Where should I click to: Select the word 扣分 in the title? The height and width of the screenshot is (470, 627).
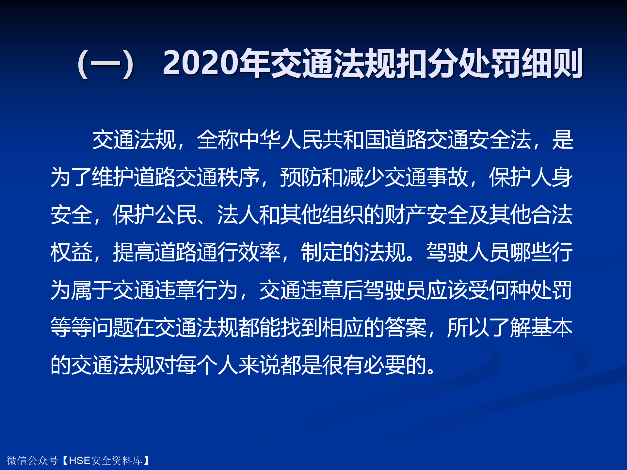coord(427,63)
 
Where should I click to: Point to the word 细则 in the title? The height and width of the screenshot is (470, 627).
coord(552,63)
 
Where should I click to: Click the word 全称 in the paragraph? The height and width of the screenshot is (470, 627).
coord(218,140)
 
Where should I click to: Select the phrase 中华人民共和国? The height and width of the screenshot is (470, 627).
coord(312,140)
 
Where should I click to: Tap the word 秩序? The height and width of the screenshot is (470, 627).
coord(239,177)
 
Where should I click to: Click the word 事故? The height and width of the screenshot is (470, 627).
coord(447,177)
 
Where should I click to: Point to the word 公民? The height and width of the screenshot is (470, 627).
coord(176,215)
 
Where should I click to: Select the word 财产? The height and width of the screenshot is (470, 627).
coord(406,215)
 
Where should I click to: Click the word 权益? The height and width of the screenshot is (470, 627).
coord(72,252)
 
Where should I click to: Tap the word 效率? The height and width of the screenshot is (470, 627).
coord(260,252)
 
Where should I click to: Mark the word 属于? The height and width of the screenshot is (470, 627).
coord(92,290)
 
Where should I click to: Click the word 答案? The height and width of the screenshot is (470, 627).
coord(406,327)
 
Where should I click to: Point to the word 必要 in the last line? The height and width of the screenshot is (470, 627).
coord(385,365)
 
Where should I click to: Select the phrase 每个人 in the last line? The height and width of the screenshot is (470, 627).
coord(207,365)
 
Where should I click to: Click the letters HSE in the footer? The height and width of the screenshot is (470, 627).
coord(80,461)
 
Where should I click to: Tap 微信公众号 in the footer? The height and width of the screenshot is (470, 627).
coord(32,461)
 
